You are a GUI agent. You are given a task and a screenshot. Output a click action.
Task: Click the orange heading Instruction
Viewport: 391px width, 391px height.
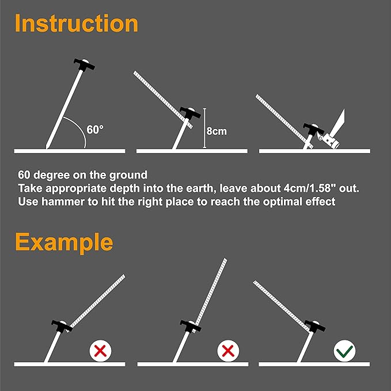77,24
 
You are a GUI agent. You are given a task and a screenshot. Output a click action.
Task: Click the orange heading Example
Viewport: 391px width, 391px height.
64,242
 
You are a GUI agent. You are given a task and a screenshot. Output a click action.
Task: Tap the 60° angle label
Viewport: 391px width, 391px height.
95,130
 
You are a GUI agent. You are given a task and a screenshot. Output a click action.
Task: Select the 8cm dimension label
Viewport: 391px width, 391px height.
217,131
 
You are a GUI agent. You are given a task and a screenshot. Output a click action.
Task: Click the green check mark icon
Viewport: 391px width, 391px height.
345,350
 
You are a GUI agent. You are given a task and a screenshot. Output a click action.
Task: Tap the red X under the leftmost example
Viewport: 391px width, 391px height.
100,350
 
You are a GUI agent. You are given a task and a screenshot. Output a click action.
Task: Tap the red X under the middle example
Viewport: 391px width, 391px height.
227,350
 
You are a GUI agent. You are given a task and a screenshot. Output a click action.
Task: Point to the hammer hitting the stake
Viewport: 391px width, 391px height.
334,130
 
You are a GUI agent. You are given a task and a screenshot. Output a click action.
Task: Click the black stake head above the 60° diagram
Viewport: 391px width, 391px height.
83,63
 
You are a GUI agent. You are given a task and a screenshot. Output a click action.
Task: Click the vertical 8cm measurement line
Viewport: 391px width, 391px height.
203,130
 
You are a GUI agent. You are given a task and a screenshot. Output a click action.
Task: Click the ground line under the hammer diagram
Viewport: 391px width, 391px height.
314,151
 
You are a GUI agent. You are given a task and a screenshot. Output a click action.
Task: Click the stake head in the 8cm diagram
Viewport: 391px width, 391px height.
190,113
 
